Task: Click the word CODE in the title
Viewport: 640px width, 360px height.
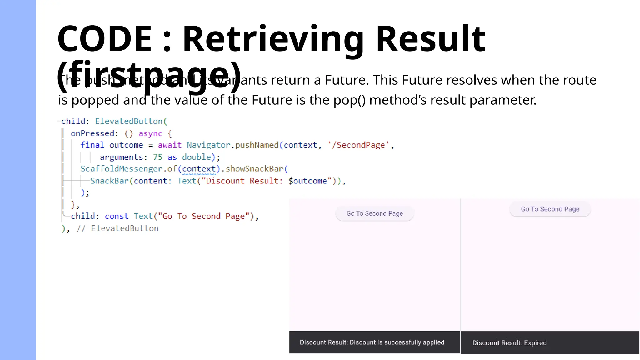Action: pyautogui.click(x=104, y=39)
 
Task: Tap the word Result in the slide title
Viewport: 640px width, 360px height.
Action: pyautogui.click(x=430, y=39)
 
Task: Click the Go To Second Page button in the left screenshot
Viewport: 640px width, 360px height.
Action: pyautogui.click(x=374, y=214)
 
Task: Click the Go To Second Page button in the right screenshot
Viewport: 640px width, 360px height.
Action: pyautogui.click(x=550, y=209)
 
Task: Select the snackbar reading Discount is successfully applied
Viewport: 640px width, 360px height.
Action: pyautogui.click(x=372, y=342)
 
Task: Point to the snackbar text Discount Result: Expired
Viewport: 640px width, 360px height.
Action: pyautogui.click(x=509, y=343)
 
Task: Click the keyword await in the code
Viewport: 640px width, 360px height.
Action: pyautogui.click(x=170, y=145)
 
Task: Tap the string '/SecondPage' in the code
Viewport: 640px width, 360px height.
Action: pyautogui.click(x=358, y=145)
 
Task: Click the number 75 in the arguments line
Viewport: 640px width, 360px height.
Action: pyautogui.click(x=157, y=157)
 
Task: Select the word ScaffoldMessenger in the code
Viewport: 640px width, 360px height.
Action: pyautogui.click(x=121, y=169)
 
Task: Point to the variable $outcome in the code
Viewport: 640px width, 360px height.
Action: pyautogui.click(x=307, y=181)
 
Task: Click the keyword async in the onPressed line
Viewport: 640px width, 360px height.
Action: pyautogui.click(x=150, y=134)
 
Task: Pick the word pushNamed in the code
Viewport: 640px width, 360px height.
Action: pyautogui.click(x=257, y=145)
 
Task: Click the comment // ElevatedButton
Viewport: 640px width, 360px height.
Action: pyautogui.click(x=117, y=229)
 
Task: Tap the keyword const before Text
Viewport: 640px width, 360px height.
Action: pyautogui.click(x=117, y=217)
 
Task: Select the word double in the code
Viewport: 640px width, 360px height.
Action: pyautogui.click(x=197, y=157)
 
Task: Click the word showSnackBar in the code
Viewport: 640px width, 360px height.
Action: pyautogui.click(x=254, y=169)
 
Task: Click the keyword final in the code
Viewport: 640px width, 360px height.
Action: pyautogui.click(x=92, y=145)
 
